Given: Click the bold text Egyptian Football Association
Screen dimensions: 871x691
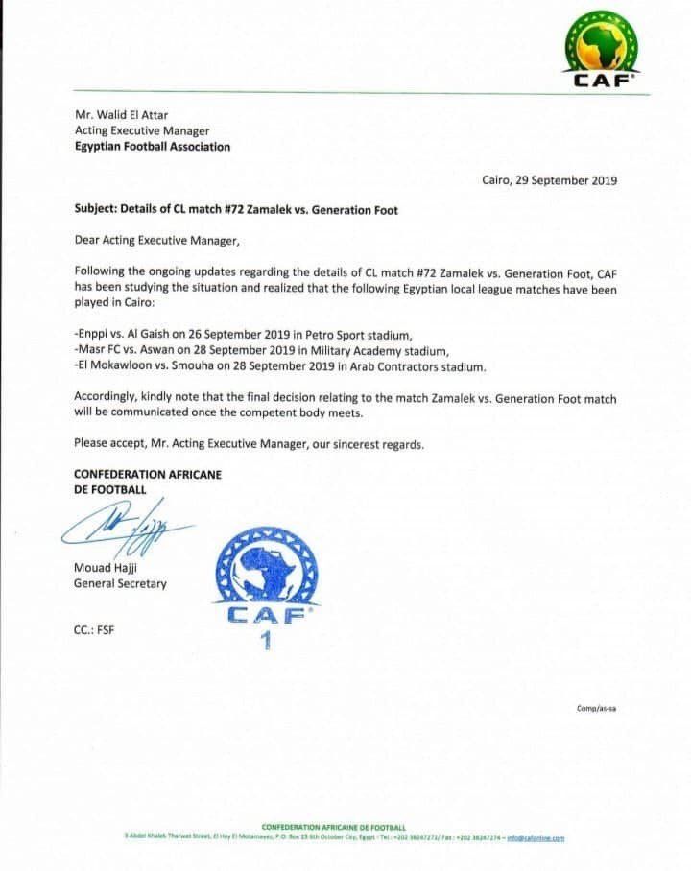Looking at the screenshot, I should tap(152, 147).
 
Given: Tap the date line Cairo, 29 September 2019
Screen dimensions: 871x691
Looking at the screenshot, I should tap(549, 180).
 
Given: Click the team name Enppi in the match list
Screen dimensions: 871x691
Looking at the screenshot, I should tap(92, 335).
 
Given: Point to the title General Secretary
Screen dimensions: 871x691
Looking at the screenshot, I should tap(120, 583).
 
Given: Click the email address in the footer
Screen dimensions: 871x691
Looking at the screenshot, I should tap(536, 837).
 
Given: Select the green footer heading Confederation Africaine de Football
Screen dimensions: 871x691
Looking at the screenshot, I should tap(333, 827).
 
